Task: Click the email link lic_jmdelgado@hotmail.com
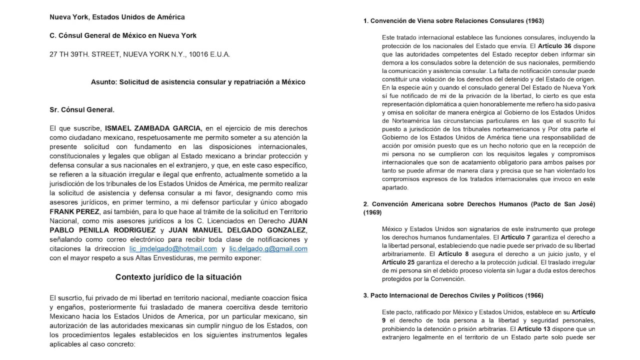click(x=173, y=248)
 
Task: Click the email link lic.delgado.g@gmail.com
click(x=268, y=248)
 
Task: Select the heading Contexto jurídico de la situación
click(x=178, y=277)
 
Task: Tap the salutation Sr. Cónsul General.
click(x=82, y=109)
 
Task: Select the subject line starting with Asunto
click(x=198, y=81)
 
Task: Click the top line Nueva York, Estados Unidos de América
click(x=117, y=17)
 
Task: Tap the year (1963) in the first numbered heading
click(x=531, y=20)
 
